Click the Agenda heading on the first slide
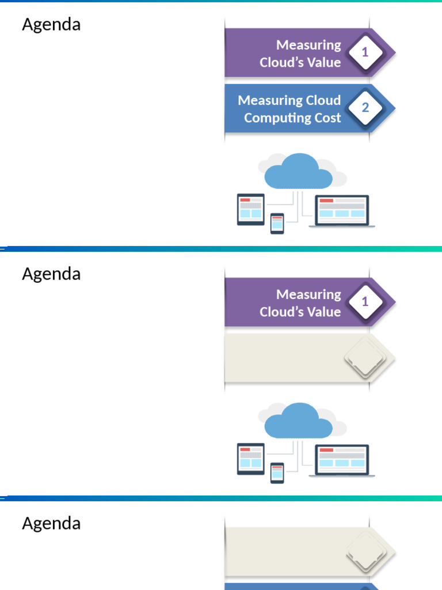(x=51, y=25)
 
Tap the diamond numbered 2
(x=365, y=108)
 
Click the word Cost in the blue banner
(x=327, y=118)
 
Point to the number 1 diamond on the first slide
(x=365, y=52)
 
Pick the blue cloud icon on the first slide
(x=298, y=172)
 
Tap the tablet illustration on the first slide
(x=251, y=209)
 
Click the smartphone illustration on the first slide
(x=277, y=224)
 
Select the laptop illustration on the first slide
(x=342, y=211)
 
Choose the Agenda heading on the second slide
(x=51, y=274)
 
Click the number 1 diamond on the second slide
(x=365, y=302)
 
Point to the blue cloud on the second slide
(x=298, y=421)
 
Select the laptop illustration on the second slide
(x=342, y=461)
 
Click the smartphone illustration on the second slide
(x=277, y=473)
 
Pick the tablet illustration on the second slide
(x=251, y=459)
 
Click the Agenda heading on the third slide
(x=51, y=524)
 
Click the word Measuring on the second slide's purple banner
(x=308, y=294)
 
